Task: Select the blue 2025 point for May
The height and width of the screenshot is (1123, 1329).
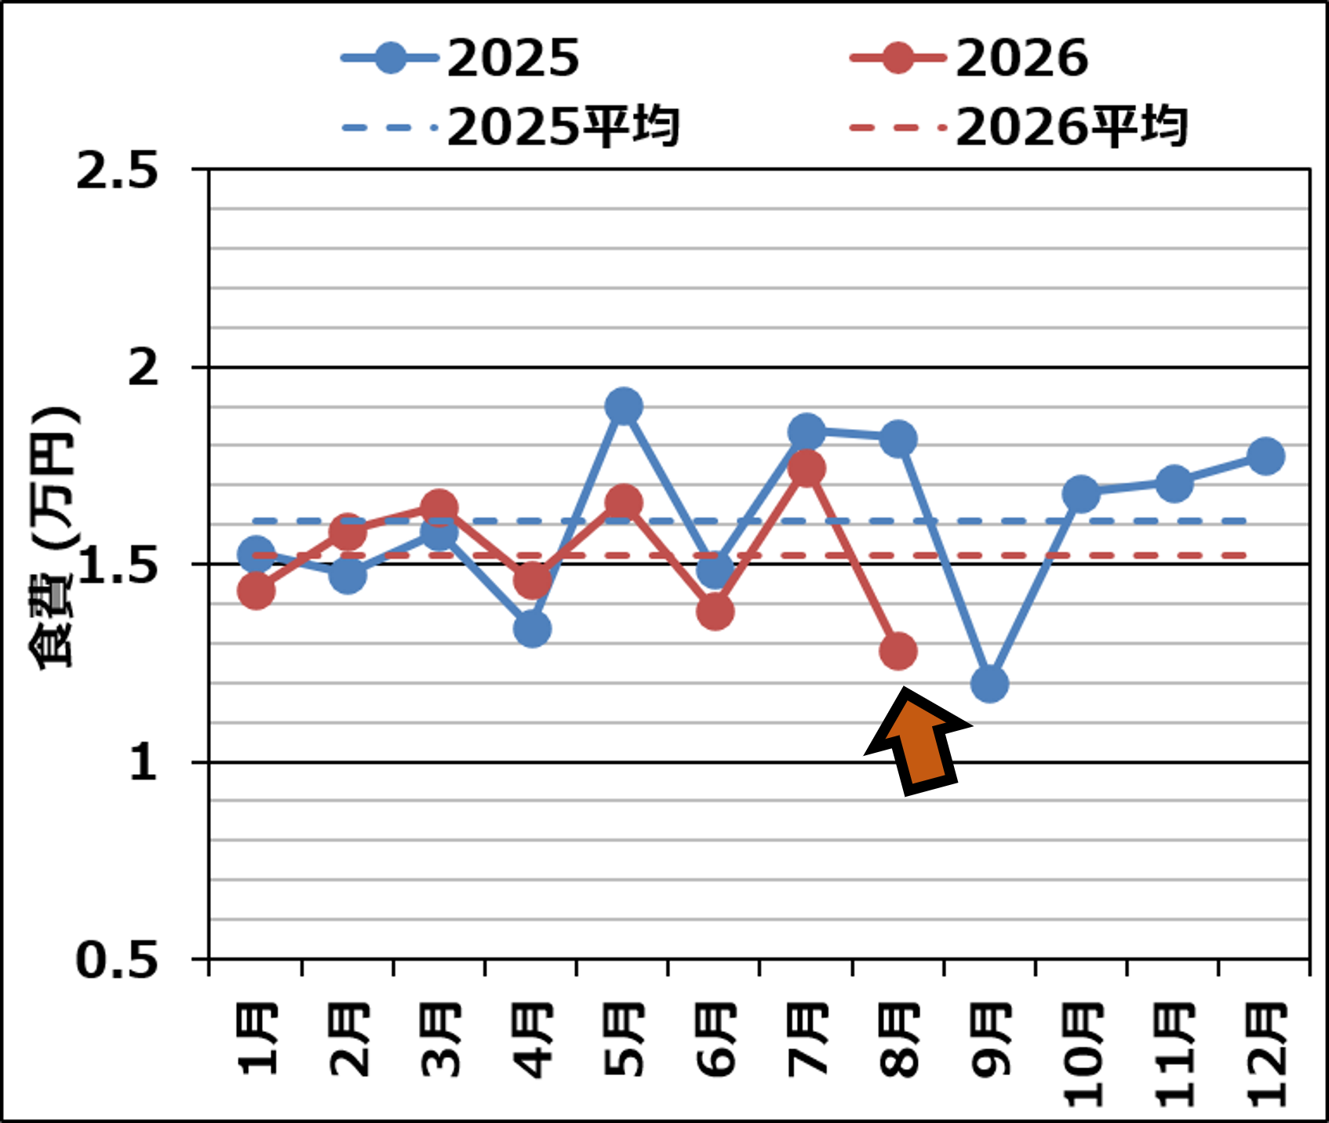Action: (624, 406)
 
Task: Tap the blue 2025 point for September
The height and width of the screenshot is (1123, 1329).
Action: (989, 684)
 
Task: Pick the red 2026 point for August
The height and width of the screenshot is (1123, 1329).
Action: (898, 651)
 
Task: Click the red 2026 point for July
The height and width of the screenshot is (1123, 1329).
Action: (807, 468)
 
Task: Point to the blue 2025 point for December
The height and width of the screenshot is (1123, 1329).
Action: (1265, 456)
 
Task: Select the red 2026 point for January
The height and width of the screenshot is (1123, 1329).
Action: (256, 590)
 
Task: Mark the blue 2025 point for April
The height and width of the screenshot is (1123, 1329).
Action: (532, 628)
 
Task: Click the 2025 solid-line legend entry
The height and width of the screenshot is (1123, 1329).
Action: (461, 58)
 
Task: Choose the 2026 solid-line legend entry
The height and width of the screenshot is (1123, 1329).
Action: (969, 58)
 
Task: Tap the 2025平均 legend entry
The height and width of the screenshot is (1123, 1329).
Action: (510, 127)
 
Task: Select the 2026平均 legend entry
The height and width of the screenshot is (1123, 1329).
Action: (1018, 127)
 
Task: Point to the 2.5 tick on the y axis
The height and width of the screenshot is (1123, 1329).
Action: (118, 170)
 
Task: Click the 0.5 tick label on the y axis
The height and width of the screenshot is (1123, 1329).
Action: (118, 959)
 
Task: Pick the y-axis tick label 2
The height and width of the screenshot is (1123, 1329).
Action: (144, 367)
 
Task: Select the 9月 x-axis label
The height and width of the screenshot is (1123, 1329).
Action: (991, 1039)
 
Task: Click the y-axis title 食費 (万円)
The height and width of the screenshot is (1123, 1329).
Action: (53, 536)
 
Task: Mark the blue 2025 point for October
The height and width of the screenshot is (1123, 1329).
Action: (1081, 493)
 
